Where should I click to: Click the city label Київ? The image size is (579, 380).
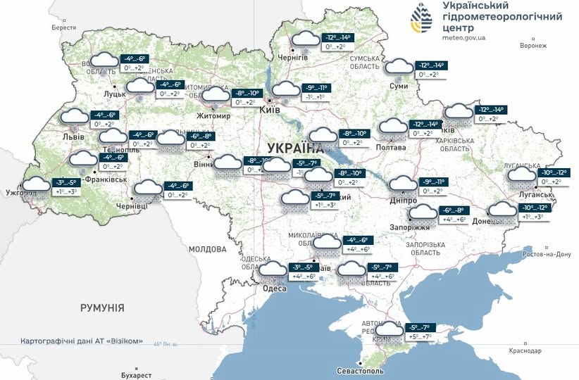(x=270, y=110)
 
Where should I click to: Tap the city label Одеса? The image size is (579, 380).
(x=274, y=289)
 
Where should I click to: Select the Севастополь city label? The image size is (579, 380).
(x=361, y=370)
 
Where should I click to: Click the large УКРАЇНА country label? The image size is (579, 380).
(x=296, y=148)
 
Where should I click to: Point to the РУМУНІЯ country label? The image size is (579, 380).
(x=102, y=308)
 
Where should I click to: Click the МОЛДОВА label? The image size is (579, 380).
(x=207, y=249)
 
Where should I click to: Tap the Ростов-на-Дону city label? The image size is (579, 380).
(x=544, y=254)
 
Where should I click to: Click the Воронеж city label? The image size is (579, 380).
(x=533, y=46)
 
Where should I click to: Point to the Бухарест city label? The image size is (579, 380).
(x=136, y=375)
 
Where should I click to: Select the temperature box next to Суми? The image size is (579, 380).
(x=431, y=69)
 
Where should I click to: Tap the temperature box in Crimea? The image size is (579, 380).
(x=427, y=331)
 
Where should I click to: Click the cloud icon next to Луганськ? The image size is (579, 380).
(x=522, y=175)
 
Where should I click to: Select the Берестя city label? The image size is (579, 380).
(x=63, y=28)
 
